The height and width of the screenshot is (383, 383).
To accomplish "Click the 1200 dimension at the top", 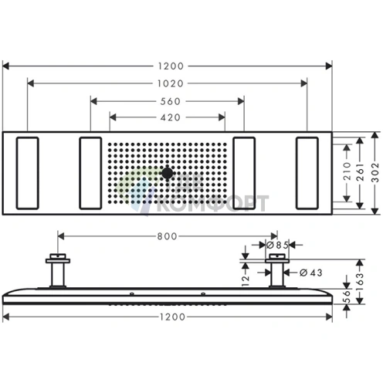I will [168, 65].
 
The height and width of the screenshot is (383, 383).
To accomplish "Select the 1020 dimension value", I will [168, 81].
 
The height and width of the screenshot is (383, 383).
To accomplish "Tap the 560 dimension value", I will [168, 100].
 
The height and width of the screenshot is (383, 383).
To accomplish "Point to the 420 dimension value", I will [168, 117].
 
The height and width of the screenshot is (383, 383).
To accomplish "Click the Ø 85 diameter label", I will [277, 246].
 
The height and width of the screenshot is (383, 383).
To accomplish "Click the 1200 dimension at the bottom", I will [168, 317].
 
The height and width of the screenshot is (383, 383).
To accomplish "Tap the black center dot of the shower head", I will [167, 174].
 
